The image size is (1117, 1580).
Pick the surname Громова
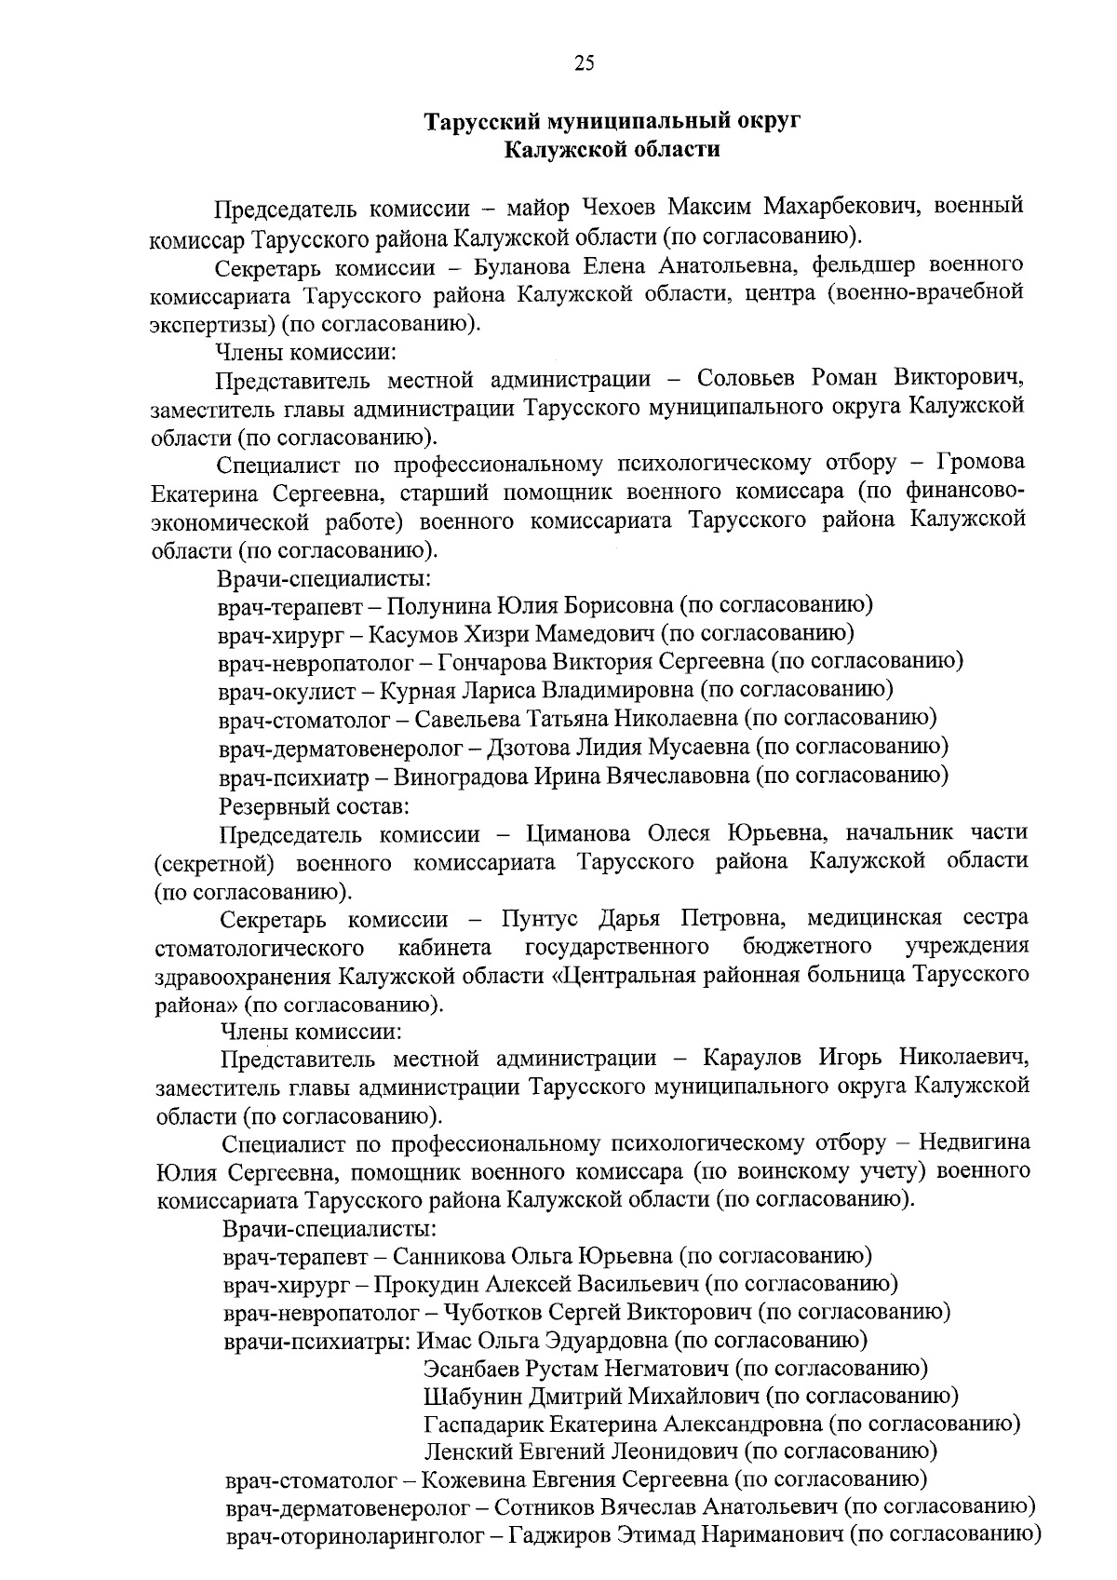[979, 463]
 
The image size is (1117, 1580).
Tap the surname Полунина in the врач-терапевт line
[437, 605]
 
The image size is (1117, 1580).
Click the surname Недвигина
[974, 1142]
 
